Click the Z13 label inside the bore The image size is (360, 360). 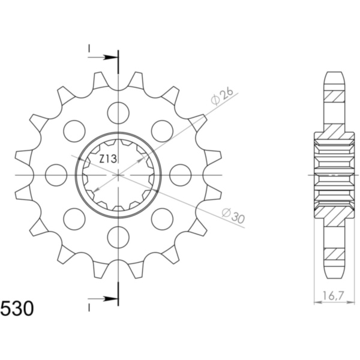[x=108, y=158]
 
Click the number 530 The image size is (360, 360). [x=17, y=310]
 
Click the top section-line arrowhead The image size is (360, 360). [x=111, y=58]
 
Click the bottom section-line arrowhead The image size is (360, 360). [x=111, y=298]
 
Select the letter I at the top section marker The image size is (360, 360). [x=89, y=47]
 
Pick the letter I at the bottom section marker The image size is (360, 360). [x=89, y=308]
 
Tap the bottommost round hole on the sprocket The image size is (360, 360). [x=119, y=235]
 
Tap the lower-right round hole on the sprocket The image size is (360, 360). [x=162, y=217]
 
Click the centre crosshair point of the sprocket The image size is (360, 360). [x=119, y=174]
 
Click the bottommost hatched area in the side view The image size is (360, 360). [x=335, y=256]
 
